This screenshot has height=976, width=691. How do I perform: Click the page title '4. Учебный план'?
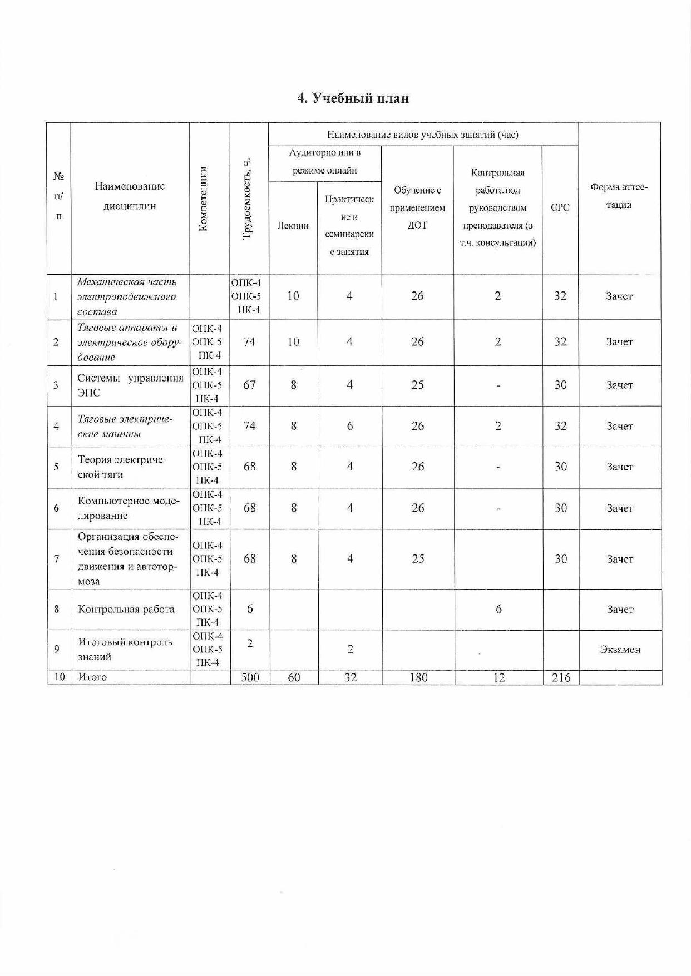point(353,98)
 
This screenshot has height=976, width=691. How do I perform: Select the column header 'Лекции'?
point(293,225)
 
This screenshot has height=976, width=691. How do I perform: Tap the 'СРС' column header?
point(560,207)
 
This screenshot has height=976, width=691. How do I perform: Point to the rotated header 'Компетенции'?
point(203,199)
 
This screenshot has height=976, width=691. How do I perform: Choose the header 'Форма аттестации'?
point(619,196)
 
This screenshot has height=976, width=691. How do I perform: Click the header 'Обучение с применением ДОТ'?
point(417,208)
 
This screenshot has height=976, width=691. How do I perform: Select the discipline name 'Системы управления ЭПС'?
point(130,385)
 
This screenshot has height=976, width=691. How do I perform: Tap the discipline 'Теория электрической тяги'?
point(122,467)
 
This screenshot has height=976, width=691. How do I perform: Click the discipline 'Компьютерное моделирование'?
point(129,508)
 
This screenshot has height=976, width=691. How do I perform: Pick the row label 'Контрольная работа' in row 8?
point(126,609)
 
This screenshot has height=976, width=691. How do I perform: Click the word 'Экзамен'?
point(620,649)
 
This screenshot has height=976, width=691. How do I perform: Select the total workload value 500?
point(249,677)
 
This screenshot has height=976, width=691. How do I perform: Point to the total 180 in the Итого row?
point(418,677)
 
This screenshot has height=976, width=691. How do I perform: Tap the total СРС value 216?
point(560,677)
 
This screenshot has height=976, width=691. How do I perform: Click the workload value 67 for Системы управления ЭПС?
point(249,385)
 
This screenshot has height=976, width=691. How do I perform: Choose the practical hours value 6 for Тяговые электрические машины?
point(349,426)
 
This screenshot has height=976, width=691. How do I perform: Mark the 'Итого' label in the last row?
point(92,677)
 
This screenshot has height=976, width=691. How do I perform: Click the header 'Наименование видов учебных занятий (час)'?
point(423,134)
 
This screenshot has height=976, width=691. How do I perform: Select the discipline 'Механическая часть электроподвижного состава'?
point(127,296)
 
